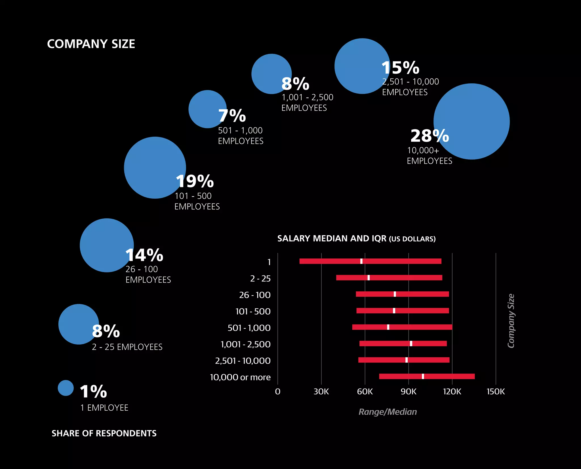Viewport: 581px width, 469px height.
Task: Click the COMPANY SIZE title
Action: (91, 44)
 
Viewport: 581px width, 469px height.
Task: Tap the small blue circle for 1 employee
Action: (66, 388)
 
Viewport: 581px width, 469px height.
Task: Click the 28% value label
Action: (430, 136)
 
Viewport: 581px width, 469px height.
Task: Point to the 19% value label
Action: (195, 181)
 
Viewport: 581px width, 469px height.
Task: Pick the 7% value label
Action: (232, 116)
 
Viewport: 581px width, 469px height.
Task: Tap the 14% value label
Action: (144, 255)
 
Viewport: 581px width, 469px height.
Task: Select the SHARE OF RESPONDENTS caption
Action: (104, 433)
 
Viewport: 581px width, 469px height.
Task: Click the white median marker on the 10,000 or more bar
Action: (423, 376)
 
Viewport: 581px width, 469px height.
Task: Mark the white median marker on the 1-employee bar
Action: (361, 261)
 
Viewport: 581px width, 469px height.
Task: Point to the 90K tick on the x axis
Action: (409, 392)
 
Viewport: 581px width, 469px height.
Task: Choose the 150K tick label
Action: (496, 392)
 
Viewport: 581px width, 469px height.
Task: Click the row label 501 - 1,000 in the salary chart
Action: (249, 328)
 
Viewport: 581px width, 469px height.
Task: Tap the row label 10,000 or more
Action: (240, 377)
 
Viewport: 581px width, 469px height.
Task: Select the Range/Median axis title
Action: (388, 412)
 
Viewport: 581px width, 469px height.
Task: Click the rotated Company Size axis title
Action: (511, 321)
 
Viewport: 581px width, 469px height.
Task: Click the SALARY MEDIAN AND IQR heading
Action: (356, 239)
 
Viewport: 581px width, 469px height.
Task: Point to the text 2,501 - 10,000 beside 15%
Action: (411, 82)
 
